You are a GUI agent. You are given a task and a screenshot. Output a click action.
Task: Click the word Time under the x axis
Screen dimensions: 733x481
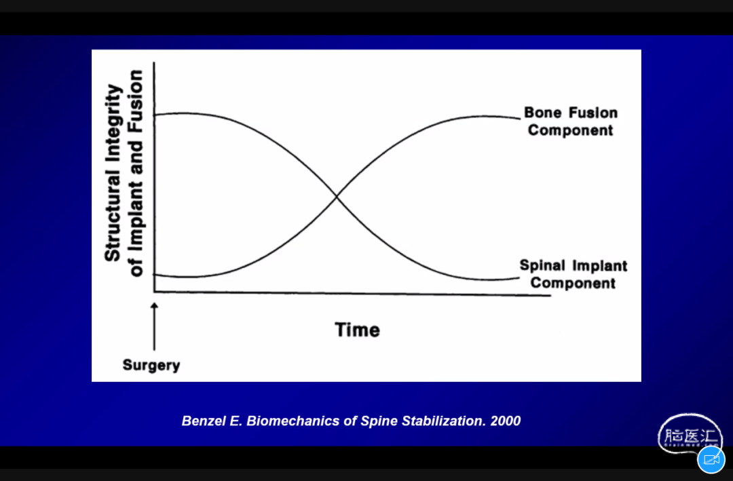pos(357,330)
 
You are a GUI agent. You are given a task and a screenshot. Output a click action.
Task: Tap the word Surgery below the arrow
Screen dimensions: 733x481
pos(151,365)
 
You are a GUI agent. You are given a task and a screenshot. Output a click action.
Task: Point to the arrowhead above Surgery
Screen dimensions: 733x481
pos(154,306)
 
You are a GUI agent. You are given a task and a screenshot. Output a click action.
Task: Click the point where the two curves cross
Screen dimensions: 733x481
pos(337,197)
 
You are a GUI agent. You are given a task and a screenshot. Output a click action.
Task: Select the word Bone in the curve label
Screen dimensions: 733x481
pos(542,113)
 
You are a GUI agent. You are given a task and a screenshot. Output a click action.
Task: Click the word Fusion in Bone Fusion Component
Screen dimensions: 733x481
pos(593,113)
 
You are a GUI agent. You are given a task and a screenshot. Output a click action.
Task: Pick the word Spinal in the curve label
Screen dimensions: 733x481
pos(542,265)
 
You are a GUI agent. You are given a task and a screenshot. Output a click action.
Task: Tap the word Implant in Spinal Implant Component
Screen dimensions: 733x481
pos(600,266)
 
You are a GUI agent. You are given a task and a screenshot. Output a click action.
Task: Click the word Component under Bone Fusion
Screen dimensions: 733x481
pos(570,130)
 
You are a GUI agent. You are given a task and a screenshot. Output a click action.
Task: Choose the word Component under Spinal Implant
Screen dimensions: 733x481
pos(573,284)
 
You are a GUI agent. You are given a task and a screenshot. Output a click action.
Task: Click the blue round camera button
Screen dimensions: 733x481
pos(711,459)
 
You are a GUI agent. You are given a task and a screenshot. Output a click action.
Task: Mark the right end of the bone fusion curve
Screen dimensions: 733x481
pos(520,119)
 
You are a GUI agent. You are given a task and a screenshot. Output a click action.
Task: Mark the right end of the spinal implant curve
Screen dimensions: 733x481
pos(519,277)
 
